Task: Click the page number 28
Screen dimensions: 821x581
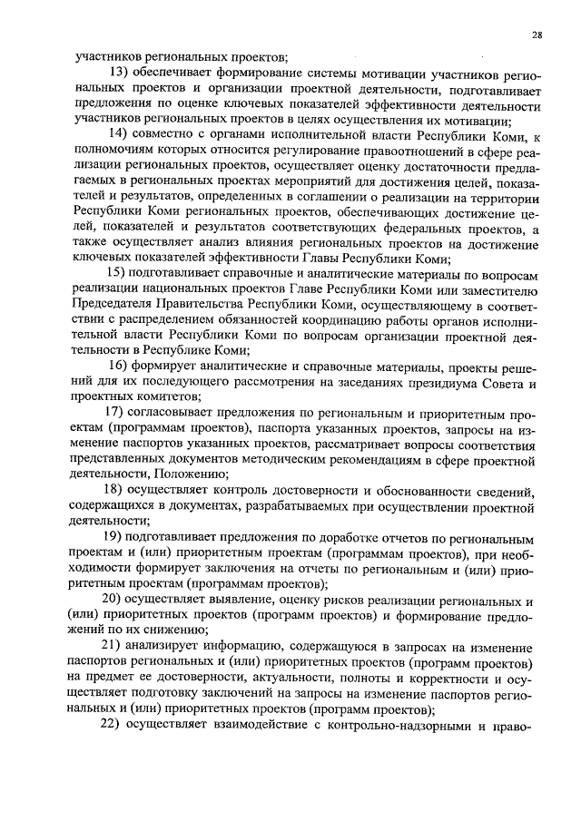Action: (537, 35)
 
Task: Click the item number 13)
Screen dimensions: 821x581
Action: (120, 73)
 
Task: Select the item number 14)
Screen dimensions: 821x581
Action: (120, 136)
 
